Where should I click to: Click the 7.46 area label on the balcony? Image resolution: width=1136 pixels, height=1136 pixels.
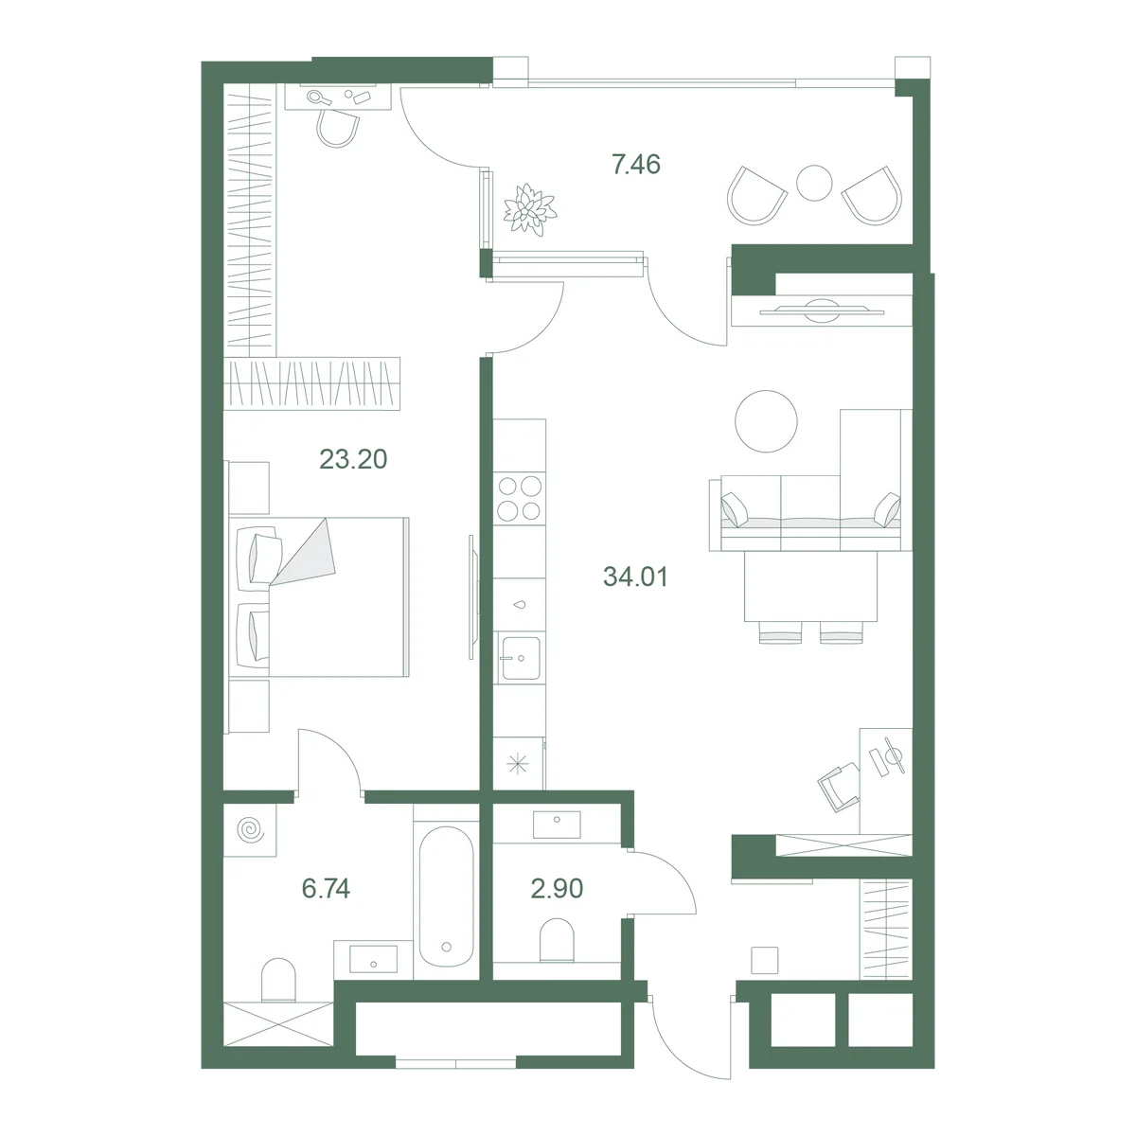coord(636,165)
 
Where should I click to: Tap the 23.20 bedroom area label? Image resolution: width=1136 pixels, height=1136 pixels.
coord(353,459)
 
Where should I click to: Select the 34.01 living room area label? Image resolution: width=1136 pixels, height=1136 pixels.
coord(635,577)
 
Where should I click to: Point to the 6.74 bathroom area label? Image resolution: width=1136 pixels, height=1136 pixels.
coord(326,888)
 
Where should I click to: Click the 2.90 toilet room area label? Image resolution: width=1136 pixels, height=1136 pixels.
coord(557,888)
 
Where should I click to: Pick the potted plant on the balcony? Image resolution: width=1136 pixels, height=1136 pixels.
coord(530,209)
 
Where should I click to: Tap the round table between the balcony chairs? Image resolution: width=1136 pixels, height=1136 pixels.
coord(814,183)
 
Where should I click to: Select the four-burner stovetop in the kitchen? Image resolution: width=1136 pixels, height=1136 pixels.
coord(520,498)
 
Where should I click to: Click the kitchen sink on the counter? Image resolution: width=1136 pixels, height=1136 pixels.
coord(520,658)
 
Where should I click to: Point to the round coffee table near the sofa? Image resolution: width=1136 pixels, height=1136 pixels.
coord(766,421)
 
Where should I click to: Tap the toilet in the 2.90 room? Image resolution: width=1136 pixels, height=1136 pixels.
coord(557,940)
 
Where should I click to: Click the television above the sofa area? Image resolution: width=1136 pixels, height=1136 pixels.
coord(822,311)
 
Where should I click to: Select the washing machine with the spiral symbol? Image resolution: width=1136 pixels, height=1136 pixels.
coord(250,830)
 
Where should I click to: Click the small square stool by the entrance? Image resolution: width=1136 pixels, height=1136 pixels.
coord(765,960)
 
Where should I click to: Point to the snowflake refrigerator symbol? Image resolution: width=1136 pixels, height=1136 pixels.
coord(518,764)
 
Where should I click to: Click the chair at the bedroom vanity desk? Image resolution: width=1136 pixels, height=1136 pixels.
coord(337,126)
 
